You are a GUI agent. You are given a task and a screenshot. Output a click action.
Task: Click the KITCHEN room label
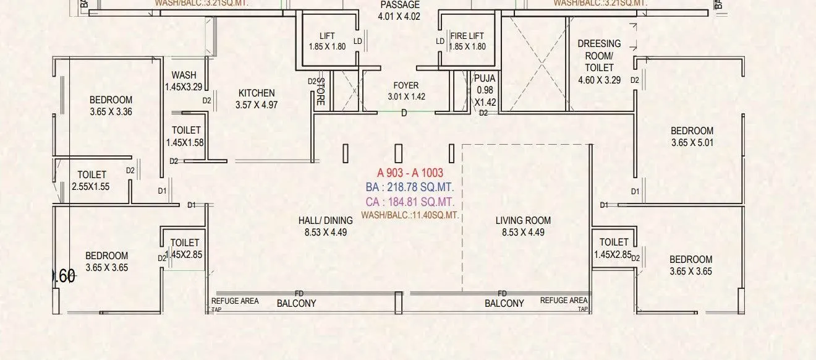tap(257, 93)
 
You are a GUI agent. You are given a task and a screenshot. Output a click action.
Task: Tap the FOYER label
tap(406, 86)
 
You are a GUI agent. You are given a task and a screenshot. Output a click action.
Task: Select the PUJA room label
tap(485, 79)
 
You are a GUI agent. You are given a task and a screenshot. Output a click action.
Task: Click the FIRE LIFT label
tap(467, 36)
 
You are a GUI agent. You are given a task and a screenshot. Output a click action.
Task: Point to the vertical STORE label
tap(320, 92)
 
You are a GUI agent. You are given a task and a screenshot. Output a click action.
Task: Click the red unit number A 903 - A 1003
tap(410, 173)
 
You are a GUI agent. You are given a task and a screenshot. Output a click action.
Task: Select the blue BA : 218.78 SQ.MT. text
tap(410, 187)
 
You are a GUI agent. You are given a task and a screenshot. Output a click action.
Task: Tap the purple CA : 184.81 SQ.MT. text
tap(410, 202)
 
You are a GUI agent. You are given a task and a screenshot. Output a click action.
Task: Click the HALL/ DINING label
tap(325, 220)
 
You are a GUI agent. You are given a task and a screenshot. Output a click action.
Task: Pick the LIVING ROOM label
tap(523, 220)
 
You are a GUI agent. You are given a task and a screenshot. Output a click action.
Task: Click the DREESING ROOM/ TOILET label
tap(599, 56)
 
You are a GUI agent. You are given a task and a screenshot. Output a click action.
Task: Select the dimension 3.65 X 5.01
tap(692, 143)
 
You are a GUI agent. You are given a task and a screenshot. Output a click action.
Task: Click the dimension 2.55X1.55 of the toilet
tap(91, 186)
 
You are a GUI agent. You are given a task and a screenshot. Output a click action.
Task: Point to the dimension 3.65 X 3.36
tap(111, 112)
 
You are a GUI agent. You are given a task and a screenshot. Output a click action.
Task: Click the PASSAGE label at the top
tap(399, 4)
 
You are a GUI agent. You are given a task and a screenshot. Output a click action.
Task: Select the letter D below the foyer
tap(404, 113)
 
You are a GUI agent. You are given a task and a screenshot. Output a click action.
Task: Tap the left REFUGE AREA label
tap(236, 301)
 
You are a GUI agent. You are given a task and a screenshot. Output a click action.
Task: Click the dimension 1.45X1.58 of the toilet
tap(184, 142)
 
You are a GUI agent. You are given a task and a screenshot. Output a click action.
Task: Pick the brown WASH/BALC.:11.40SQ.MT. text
tap(410, 215)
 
